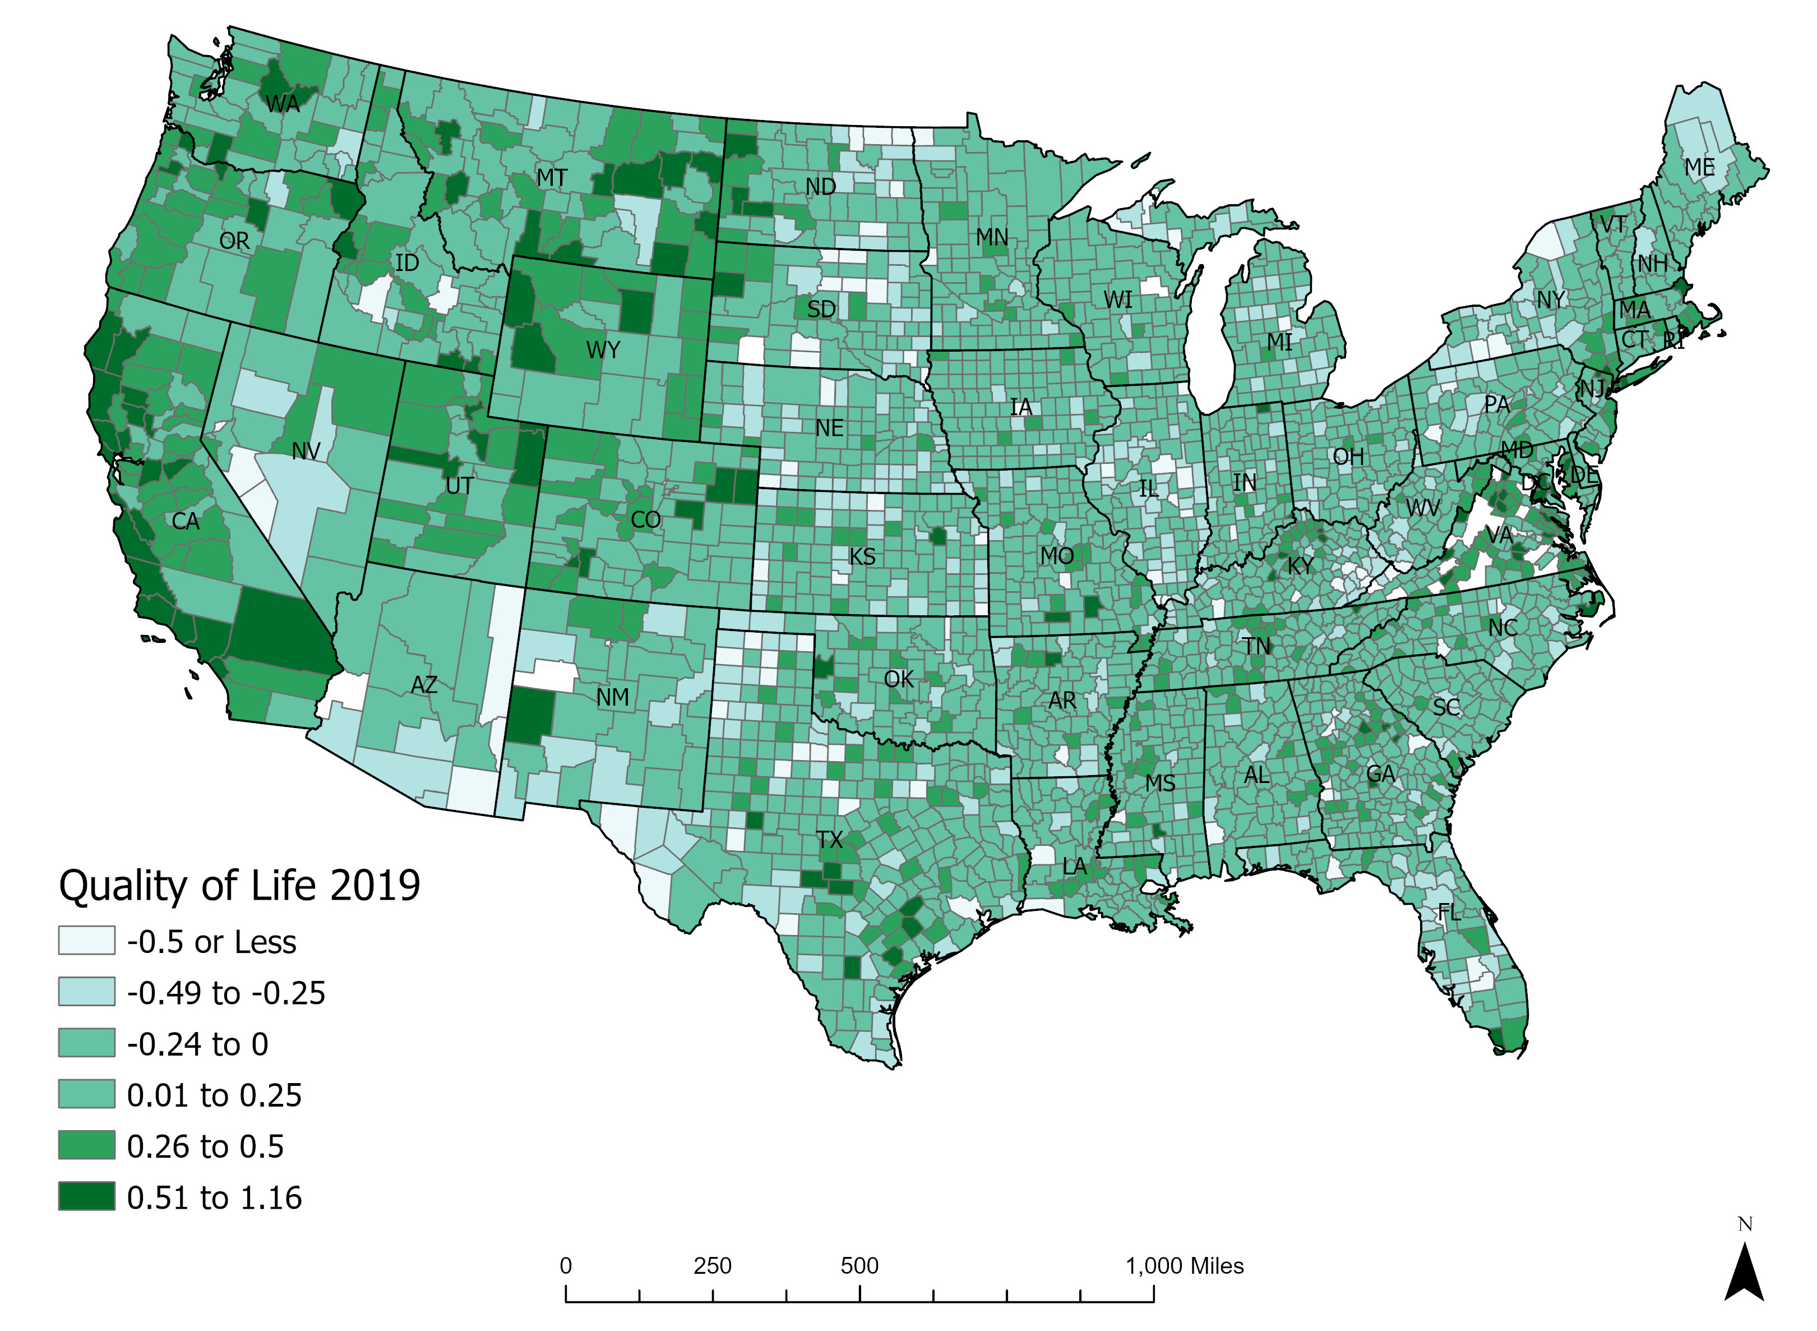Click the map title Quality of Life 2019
click(239, 886)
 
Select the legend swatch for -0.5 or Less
click(86, 940)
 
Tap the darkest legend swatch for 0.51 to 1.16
click(86, 1196)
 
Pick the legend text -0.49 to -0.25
click(225, 993)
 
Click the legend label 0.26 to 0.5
click(205, 1146)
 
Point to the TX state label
click(830, 840)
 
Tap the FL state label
click(1448, 913)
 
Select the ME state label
click(1699, 168)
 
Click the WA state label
click(282, 104)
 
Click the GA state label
click(1380, 774)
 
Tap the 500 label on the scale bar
click(859, 1266)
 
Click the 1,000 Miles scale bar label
click(1184, 1266)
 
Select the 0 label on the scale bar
click(566, 1266)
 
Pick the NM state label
click(612, 698)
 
